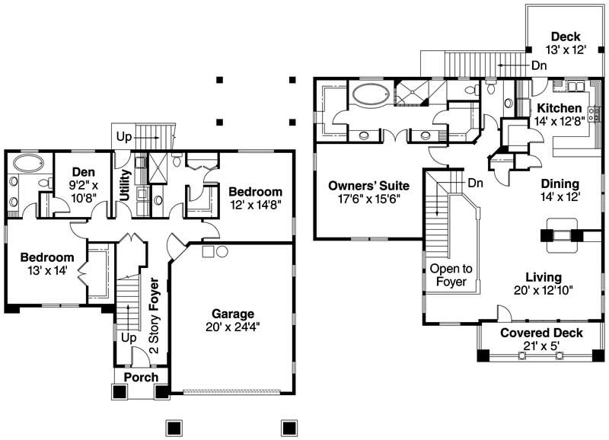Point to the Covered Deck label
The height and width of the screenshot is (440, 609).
click(x=541, y=333)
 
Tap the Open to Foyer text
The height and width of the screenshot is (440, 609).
click(x=451, y=275)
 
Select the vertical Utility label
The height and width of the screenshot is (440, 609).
click(x=125, y=185)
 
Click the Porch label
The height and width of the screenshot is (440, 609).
click(x=141, y=377)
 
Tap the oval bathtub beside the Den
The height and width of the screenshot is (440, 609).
click(x=27, y=163)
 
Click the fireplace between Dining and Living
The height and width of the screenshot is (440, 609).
click(x=562, y=235)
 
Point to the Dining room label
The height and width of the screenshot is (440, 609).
click(x=560, y=183)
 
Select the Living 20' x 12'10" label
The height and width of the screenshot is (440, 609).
click(x=543, y=282)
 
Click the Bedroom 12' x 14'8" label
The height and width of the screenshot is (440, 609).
click(x=255, y=198)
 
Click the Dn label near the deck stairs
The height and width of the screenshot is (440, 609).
click(x=539, y=66)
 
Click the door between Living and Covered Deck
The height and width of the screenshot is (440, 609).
click(x=502, y=314)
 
